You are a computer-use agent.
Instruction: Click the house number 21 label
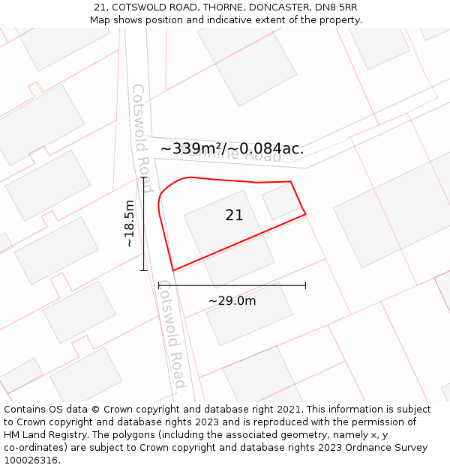234,216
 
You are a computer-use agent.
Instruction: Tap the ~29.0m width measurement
232,301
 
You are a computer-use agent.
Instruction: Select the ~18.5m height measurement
130,223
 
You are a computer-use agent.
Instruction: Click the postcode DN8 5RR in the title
336,7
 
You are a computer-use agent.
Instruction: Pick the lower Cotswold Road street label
172,335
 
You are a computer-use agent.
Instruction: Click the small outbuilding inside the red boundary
280,201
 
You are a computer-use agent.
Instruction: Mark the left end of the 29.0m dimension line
159,285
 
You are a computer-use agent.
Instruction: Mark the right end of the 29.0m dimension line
305,285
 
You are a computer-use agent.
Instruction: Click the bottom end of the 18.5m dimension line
143,270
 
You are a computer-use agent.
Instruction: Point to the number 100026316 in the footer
31,461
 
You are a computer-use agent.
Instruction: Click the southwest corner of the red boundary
173,270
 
